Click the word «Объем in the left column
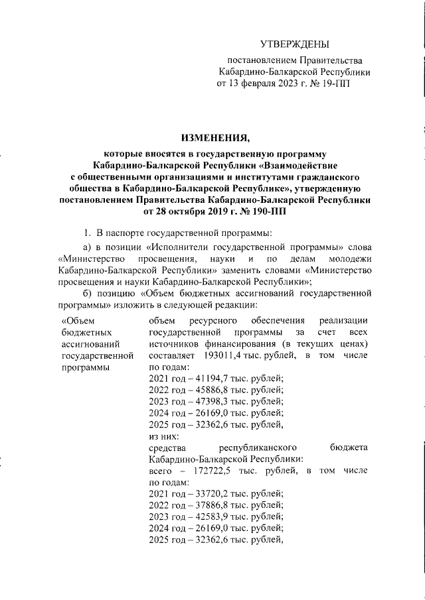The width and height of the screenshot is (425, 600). click(x=74, y=322)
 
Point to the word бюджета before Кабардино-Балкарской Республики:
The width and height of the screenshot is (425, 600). click(x=349, y=448)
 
